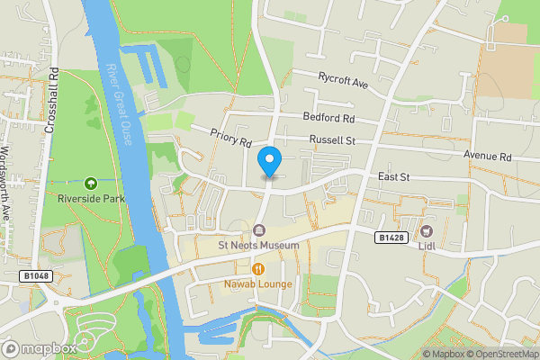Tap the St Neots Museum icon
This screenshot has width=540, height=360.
[x=259, y=230]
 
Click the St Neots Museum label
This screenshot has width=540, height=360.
[x=259, y=246]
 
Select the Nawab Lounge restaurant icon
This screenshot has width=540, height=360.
[x=259, y=269]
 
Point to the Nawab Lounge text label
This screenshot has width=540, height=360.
[x=259, y=285]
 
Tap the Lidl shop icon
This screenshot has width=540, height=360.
[x=426, y=230]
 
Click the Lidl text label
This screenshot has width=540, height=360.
[x=426, y=246]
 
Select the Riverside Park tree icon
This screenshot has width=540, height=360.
[x=89, y=183]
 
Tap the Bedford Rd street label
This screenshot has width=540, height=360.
[x=328, y=119]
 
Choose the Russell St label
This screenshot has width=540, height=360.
[x=333, y=140]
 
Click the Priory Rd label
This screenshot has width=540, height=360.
[x=230, y=138]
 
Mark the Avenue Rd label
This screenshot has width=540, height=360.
[x=487, y=156]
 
